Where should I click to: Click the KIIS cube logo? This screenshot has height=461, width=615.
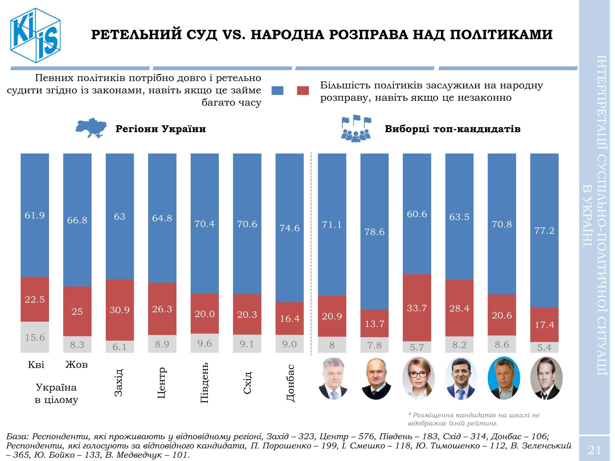[x=35, y=35]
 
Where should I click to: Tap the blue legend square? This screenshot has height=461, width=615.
[x=277, y=90]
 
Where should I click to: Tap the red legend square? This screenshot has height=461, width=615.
[x=303, y=90]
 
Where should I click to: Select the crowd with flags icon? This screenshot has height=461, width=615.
[x=356, y=128]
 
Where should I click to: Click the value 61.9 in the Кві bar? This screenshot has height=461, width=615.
[x=35, y=215]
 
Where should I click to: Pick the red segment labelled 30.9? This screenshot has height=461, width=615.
[x=120, y=310]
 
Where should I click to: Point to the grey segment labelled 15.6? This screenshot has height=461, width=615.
[x=35, y=337]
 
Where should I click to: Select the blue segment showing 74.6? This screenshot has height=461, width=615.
[x=289, y=228]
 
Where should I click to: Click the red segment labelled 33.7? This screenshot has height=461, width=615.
[x=417, y=308]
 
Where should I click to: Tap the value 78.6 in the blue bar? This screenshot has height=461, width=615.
[x=374, y=232]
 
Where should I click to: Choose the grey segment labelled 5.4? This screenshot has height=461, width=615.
[x=544, y=348]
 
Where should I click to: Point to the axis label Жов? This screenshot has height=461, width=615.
[x=77, y=365]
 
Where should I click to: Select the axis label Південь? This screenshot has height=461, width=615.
[x=204, y=383]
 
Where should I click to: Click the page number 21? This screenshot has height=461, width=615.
[x=594, y=451]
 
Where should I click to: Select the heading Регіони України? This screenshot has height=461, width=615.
[x=161, y=129]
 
